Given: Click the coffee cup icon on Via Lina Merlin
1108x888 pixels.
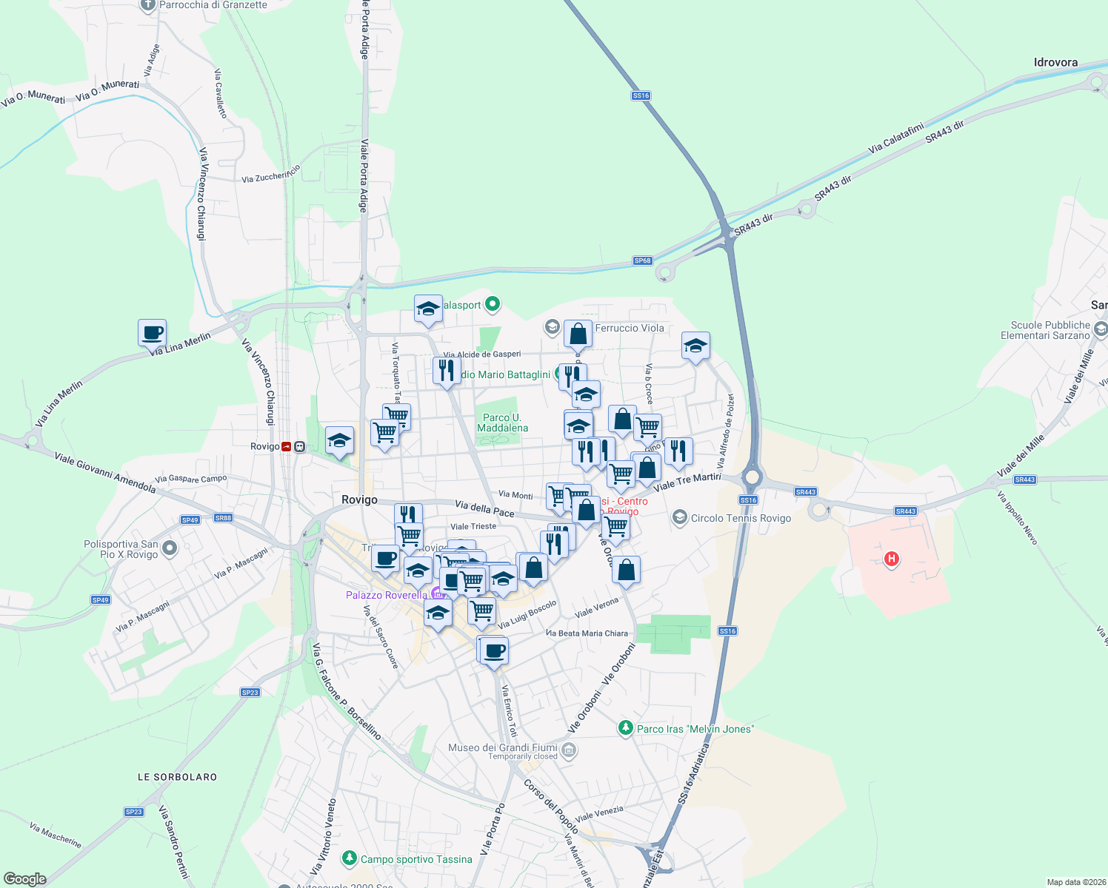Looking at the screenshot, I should coord(152,333).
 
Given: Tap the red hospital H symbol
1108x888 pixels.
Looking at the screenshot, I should coord(892,559).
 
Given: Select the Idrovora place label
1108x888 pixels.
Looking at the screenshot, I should coord(1055,63).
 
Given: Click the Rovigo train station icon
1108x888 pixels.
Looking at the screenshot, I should coord(286,446).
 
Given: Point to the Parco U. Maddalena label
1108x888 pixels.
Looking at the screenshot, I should coord(502,423).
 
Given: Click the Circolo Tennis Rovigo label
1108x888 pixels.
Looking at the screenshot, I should coord(741,518).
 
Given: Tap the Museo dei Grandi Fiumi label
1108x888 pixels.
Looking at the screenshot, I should coord(502,748).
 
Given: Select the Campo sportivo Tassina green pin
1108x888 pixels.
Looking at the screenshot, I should coord(349,858).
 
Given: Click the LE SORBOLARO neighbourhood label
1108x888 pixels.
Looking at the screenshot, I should coord(178,777).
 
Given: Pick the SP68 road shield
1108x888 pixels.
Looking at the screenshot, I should coord(642,260).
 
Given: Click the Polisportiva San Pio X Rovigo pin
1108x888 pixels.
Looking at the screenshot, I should coord(170,548).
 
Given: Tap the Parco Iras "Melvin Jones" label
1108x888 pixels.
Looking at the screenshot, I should coord(695,729).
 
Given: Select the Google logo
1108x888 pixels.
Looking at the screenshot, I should coord(24,879).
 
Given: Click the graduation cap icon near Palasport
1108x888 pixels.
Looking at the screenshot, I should coord(428,309).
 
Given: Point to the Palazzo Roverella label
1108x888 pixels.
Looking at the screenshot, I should coord(387,595).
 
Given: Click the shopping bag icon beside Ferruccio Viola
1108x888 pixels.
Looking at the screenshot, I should coord(578,334).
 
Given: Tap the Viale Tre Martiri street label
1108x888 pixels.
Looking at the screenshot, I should coord(687,482).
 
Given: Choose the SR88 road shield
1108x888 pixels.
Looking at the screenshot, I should coord(223,518).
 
